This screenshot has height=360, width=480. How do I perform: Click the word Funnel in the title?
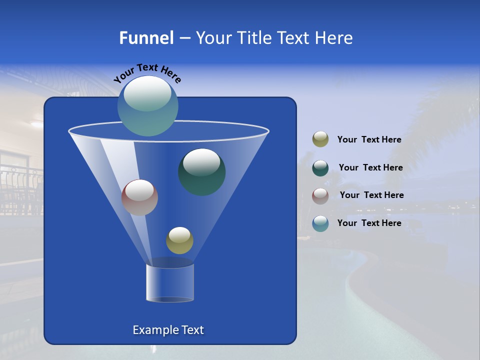(x=146, y=37)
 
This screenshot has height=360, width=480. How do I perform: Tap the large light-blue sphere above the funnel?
(x=147, y=106)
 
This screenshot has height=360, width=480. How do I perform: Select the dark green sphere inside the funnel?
(x=202, y=172)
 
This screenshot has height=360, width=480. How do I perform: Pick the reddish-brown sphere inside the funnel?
(x=139, y=197)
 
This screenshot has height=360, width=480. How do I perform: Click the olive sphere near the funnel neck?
(x=179, y=240)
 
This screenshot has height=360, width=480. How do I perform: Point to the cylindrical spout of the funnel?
(x=170, y=282)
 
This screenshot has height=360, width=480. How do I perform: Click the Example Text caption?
(x=168, y=330)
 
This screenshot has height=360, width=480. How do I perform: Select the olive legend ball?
(x=320, y=139)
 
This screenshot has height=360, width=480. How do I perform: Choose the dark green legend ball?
(x=320, y=168)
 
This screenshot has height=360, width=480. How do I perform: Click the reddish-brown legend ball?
(x=320, y=195)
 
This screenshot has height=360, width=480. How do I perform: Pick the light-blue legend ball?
(x=320, y=223)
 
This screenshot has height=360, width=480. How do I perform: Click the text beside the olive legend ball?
(x=369, y=139)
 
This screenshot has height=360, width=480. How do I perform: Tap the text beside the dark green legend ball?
(x=370, y=167)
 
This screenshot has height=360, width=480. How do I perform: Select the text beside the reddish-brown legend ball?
(x=371, y=195)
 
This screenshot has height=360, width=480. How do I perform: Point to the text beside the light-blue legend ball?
(x=369, y=223)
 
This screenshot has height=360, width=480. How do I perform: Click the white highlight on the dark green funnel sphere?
(x=201, y=162)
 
